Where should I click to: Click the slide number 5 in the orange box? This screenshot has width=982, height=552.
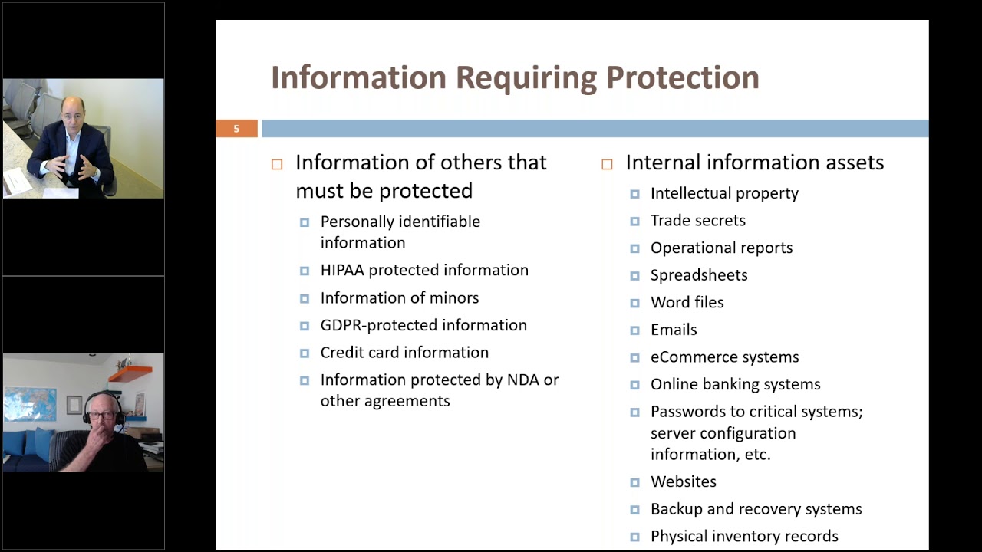236,129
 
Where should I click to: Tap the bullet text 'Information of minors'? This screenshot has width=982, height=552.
399,297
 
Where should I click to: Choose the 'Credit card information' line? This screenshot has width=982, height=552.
404,353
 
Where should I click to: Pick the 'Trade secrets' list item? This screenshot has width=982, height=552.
697,221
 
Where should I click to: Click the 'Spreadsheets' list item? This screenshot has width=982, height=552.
698,275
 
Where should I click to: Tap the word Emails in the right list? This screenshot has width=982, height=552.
674,330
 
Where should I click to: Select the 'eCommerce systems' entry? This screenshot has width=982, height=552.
724,357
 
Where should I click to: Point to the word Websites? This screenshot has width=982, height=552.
683,482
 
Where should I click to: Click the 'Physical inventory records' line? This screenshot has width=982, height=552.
743,537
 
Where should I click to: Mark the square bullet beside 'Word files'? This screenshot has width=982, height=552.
634,304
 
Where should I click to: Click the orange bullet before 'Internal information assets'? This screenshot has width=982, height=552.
607,164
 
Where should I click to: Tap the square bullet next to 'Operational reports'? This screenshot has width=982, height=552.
634,248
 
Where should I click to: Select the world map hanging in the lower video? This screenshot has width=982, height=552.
30,404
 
